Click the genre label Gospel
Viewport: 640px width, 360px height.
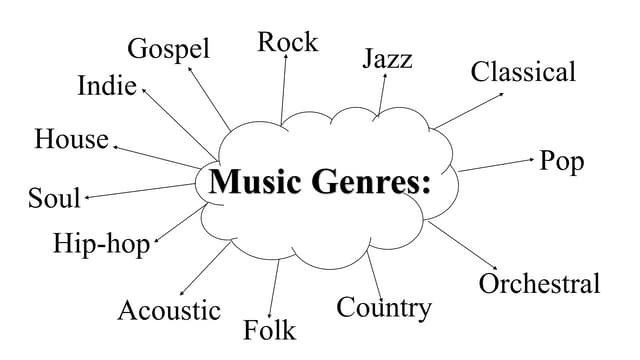coord(168,49)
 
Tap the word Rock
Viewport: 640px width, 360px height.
coord(287,42)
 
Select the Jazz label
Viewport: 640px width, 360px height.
coord(387,59)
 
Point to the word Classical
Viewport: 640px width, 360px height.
coord(523,72)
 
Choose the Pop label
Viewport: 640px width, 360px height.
coord(561,161)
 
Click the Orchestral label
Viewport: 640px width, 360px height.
coord(539,284)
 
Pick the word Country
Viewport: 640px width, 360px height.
coord(383,307)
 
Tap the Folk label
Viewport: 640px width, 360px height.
coord(269,329)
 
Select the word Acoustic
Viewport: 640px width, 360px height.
coord(169,310)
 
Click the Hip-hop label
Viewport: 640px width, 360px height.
coord(101,244)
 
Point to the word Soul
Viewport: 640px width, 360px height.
coord(54,199)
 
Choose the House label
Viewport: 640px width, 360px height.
coord(71,139)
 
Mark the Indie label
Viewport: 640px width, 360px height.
coord(106,87)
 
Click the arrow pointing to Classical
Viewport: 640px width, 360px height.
coord(468,110)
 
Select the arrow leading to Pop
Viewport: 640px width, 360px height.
coord(496,164)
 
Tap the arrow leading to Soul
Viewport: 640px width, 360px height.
coord(140,191)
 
